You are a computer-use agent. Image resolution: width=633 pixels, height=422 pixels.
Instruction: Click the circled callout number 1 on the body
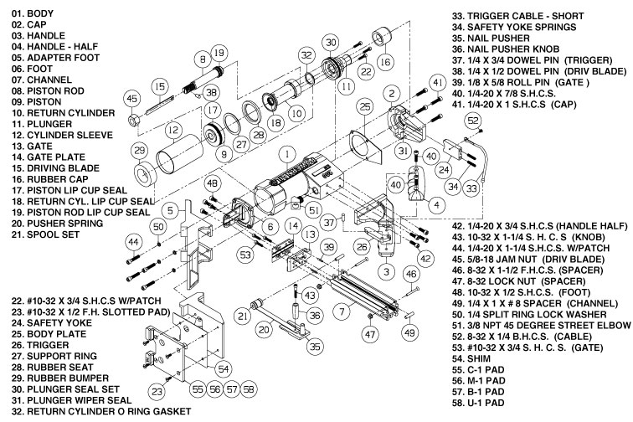pos(286,154)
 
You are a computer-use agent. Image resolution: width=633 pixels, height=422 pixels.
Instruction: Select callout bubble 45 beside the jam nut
pos(131,99)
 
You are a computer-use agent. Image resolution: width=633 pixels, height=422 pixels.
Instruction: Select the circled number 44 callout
pos(131,241)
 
